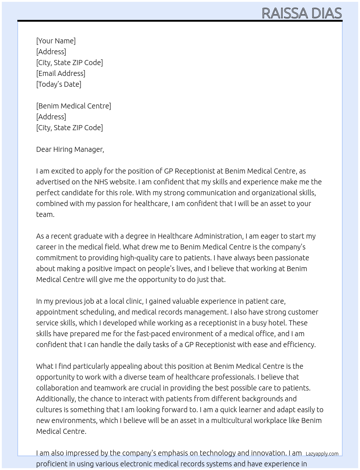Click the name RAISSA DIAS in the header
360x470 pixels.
301,13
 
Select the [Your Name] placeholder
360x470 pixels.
56,41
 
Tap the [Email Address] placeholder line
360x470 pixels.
61,73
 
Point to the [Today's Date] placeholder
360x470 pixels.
59,84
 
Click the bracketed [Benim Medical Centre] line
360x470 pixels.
73,106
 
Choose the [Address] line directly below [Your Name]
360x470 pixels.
51,52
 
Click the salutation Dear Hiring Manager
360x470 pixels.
70,149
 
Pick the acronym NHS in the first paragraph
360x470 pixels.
101,182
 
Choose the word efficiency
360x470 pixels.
299,345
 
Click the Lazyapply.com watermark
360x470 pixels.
322,454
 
